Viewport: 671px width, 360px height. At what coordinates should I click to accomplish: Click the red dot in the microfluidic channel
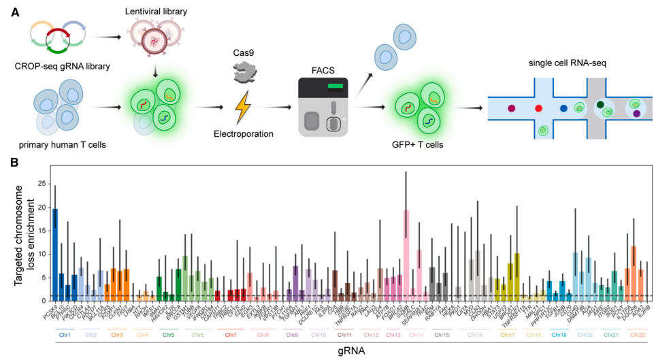(538, 108)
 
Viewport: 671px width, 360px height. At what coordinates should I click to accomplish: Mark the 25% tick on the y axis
(42, 183)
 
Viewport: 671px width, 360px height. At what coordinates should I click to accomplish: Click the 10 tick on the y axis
(44, 253)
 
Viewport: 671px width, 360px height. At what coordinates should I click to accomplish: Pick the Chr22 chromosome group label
(638, 335)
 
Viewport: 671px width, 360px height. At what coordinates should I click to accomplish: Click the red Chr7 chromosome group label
(231, 335)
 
